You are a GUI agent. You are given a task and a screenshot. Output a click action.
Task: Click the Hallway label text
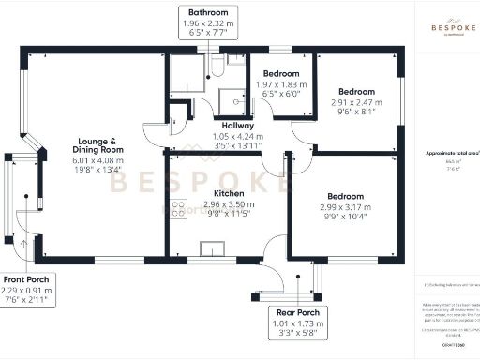click(228, 125)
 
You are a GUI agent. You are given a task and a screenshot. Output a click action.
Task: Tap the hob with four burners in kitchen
click(178, 211)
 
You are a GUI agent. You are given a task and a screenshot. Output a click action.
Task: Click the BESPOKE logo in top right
click(443, 22)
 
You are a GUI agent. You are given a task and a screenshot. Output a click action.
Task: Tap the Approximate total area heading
click(446, 152)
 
